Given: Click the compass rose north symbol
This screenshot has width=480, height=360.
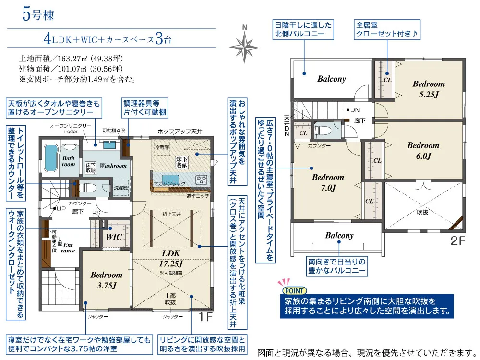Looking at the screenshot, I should click(244, 44).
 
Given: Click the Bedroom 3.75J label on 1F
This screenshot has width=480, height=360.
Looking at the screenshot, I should click(106, 280).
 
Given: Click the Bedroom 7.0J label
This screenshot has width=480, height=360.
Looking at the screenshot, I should click(328, 182).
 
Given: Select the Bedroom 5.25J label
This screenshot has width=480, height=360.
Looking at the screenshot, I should click(429, 89).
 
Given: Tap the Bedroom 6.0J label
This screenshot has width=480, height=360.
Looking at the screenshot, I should click(423, 150).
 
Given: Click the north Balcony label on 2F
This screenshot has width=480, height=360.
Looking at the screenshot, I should click(331, 79).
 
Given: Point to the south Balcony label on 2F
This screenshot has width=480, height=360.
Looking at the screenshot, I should click(339, 236).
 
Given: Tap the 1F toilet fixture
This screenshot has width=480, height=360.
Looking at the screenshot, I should click(86, 187).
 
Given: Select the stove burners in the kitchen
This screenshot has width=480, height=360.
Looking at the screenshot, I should click(201, 180).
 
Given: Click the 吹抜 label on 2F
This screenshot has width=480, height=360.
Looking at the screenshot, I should click(422, 211).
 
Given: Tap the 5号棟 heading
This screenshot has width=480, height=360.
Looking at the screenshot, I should click(38, 14).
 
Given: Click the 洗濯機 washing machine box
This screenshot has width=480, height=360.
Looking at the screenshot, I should click(120, 188).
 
